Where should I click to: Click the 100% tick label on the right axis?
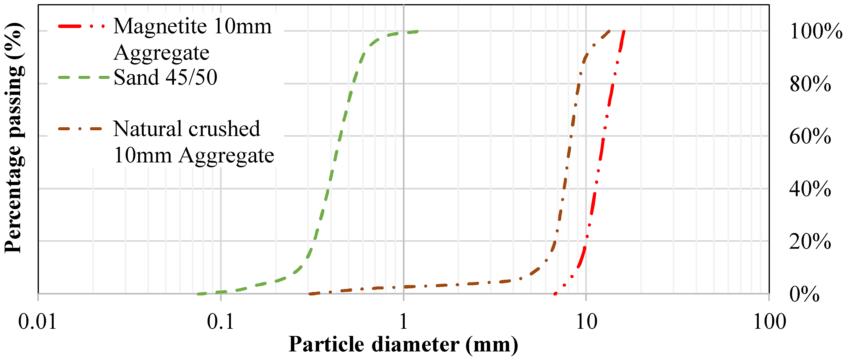tap(816, 31)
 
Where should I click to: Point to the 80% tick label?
tap(810, 84)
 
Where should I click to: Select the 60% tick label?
tap(810, 136)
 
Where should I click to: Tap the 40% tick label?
tap(810, 189)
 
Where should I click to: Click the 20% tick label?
tap(810, 242)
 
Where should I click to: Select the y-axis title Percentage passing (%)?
tap(14, 138)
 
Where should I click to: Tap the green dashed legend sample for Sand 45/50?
tap(84, 78)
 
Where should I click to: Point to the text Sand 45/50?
tap(165, 78)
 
